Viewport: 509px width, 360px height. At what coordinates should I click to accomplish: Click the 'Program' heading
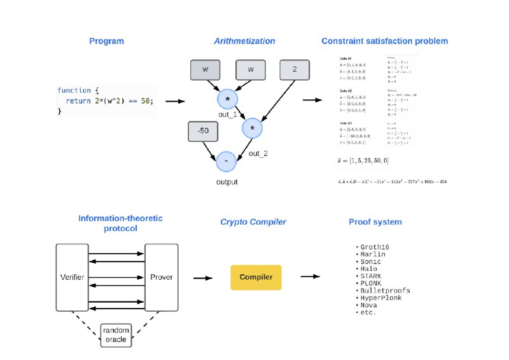click(106, 41)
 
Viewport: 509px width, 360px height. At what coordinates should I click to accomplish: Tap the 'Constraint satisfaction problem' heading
click(385, 41)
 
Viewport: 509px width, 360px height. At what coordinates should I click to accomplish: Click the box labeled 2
click(294, 69)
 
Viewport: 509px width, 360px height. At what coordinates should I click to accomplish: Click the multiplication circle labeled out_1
click(227, 99)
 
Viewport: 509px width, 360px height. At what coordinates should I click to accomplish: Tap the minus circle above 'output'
click(226, 162)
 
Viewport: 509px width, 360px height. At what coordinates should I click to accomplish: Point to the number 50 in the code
click(146, 100)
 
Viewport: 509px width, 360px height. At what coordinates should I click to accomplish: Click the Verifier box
click(73, 277)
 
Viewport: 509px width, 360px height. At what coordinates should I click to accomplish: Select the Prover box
click(160, 277)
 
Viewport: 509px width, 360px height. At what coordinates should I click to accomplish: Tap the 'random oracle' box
click(116, 335)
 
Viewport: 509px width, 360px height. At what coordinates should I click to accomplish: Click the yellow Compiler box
click(256, 277)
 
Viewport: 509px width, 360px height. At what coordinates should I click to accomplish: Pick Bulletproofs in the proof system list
click(385, 291)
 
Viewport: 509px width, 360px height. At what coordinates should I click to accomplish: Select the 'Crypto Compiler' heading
click(253, 222)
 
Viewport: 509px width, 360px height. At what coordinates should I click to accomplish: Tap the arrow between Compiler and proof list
click(310, 277)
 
